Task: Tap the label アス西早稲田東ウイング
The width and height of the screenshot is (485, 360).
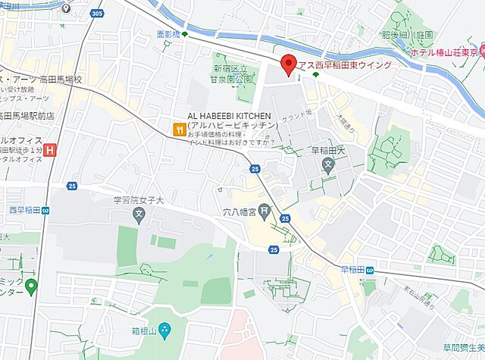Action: pos(346,65)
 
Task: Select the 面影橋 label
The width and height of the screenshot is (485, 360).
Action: pos(167,34)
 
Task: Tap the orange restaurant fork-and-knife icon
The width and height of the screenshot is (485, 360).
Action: pos(178,130)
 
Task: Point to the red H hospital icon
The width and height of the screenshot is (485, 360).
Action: pos(50,151)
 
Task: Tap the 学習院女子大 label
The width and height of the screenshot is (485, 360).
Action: pos(139,201)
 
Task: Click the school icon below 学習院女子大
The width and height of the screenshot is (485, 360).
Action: pos(139,217)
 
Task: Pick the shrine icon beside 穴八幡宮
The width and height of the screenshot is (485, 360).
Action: pos(264,211)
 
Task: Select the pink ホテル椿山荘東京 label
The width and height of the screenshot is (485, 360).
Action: pos(446,53)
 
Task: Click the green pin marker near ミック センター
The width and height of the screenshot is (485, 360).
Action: pos(31,286)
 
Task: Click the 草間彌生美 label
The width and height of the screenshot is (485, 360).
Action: pos(465,347)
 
